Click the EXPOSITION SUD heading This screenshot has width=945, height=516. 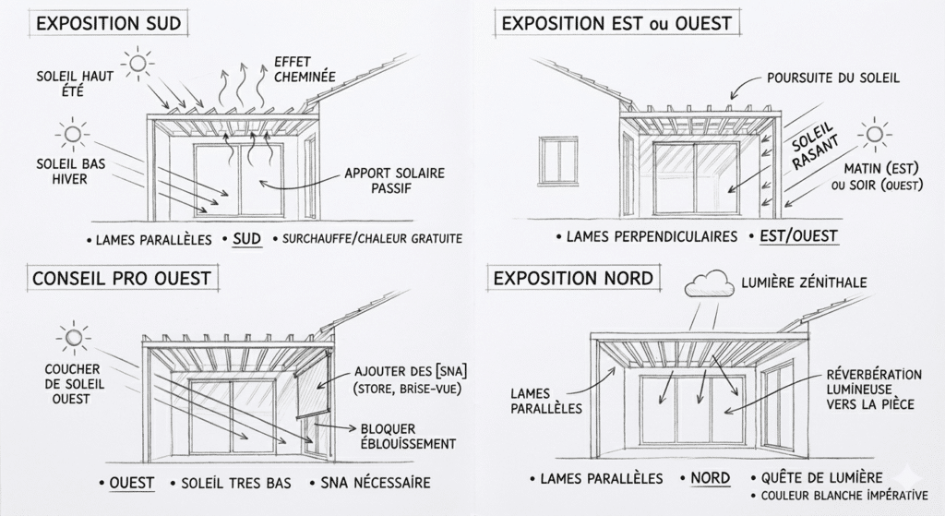point(109,23)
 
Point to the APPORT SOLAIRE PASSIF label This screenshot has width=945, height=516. point(395,181)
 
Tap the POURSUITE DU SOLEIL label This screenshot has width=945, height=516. point(832,78)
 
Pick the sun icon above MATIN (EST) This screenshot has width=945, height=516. point(871,135)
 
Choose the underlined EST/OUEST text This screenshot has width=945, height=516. point(798,236)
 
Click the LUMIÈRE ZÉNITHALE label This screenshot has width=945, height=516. point(804,282)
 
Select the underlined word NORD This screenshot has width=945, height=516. point(710,478)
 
